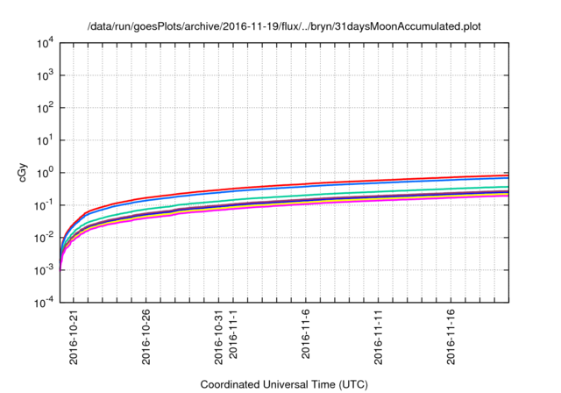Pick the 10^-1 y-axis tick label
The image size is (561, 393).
click(x=43, y=204)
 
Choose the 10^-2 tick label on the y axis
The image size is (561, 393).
click(x=43, y=237)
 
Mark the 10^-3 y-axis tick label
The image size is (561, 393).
click(x=43, y=269)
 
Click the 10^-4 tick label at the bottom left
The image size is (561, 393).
click(x=43, y=302)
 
